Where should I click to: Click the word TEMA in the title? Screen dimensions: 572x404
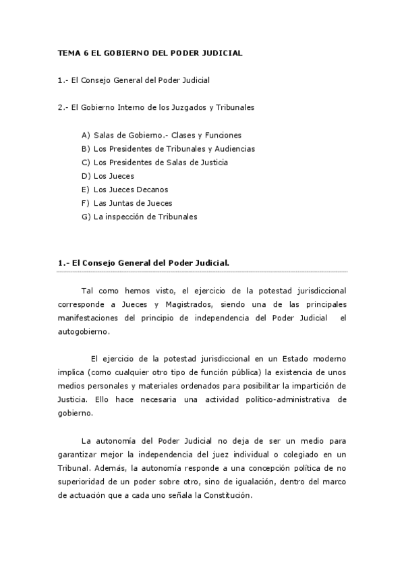coord(68,53)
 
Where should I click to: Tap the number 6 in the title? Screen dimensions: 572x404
coord(87,53)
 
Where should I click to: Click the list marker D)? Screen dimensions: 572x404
coord(86,176)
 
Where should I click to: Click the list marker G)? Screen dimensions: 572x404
coord(86,217)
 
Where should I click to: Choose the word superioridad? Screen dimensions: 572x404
coord(85,481)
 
